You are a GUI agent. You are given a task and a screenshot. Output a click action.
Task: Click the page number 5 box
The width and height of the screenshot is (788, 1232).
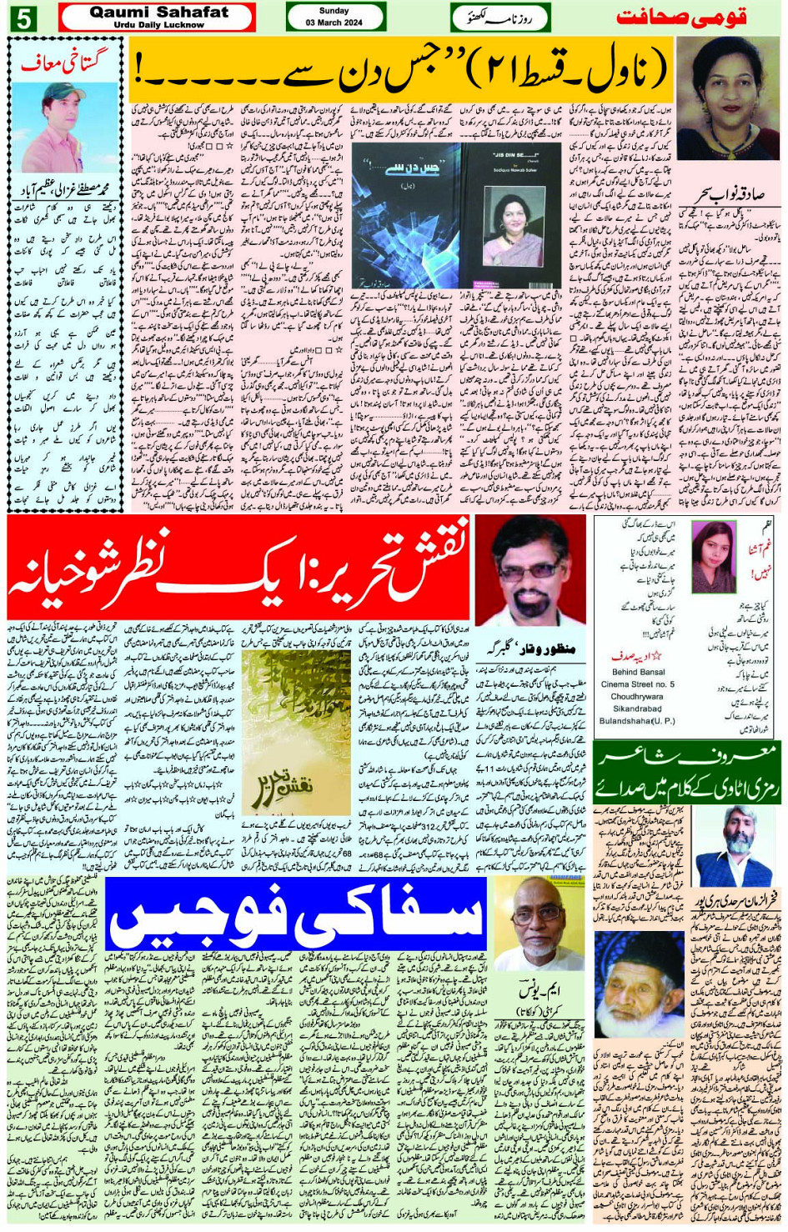pos(23,18)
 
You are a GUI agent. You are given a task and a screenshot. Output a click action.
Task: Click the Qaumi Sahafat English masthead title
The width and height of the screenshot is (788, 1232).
pos(158,12)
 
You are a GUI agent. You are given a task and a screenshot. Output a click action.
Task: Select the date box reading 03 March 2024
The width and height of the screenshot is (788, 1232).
pos(334,23)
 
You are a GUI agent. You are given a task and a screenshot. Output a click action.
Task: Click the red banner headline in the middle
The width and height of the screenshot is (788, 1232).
pos(238,568)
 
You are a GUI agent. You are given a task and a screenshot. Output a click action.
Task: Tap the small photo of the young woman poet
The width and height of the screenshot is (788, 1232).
pos(714,556)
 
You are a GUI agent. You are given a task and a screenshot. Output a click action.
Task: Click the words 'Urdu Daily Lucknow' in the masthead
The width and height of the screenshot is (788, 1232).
pos(158,25)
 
